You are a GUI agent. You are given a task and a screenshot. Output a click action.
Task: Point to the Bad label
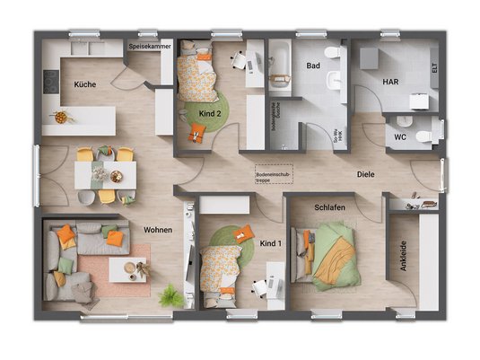(312, 66)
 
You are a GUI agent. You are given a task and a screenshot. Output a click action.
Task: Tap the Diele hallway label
(365, 174)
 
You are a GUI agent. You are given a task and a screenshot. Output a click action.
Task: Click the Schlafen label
(329, 208)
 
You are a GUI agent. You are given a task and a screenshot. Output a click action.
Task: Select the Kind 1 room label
(270, 243)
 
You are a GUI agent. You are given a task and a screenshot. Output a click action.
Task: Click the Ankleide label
(402, 259)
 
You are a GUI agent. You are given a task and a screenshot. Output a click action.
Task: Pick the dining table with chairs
(104, 171)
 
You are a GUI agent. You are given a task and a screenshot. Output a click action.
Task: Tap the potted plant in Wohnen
(170, 296)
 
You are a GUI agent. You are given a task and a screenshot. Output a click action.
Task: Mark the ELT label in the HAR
(433, 67)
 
